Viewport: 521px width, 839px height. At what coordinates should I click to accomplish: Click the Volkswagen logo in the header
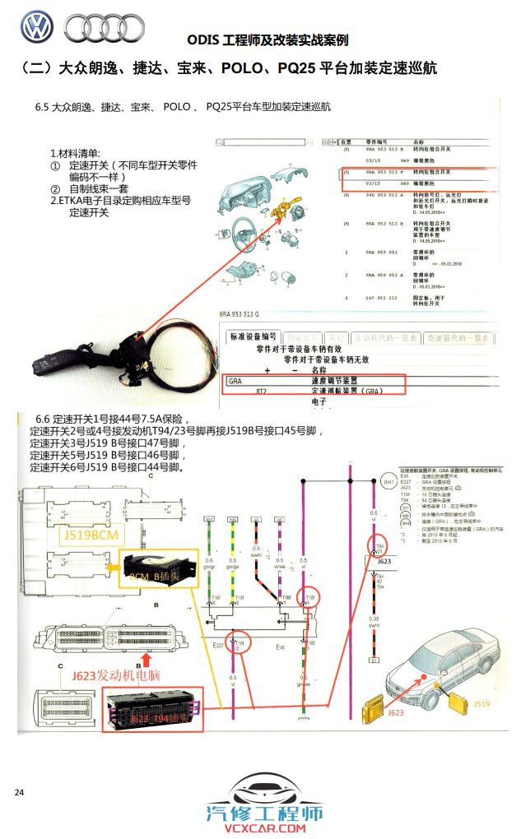[36, 28]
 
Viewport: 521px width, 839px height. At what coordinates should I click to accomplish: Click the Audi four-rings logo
[105, 29]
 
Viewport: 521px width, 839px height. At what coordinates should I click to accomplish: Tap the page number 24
[19, 792]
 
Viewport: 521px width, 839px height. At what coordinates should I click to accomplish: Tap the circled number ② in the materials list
[55, 189]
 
